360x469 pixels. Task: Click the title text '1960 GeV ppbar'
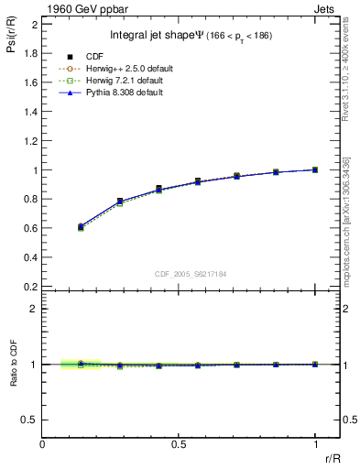81,8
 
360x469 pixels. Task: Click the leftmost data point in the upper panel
81,226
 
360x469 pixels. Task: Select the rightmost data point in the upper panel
315,169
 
